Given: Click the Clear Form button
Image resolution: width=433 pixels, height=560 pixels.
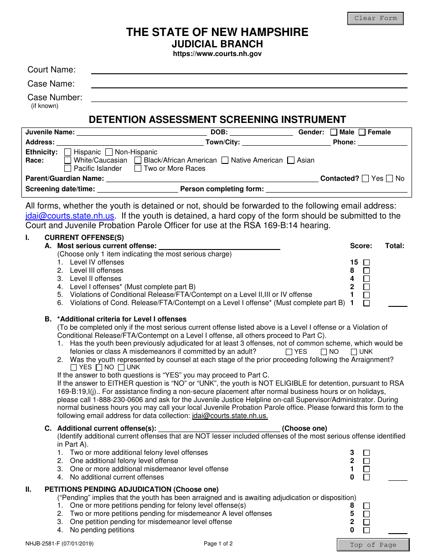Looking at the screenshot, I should click(376, 19).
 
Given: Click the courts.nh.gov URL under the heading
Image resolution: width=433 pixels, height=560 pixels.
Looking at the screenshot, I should click(217, 54).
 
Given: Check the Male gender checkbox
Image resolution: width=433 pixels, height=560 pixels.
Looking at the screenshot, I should click(334, 132).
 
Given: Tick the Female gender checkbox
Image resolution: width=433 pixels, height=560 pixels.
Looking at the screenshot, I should click(362, 132).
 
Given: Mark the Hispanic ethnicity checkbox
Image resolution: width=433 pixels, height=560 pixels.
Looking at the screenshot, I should click(68, 152).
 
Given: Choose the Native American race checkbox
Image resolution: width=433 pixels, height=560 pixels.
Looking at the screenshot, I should click(225, 160).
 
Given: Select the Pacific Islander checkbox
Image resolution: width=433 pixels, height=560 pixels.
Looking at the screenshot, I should click(68, 168).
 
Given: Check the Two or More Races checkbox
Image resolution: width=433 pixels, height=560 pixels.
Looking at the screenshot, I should click(138, 168).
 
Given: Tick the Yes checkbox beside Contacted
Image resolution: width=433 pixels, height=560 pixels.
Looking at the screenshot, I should click(365, 179).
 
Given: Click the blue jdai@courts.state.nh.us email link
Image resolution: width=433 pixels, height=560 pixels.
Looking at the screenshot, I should click(70, 216).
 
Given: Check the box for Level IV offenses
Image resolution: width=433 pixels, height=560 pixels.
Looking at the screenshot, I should click(366, 263).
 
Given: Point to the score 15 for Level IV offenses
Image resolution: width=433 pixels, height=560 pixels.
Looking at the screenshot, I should click(354, 262).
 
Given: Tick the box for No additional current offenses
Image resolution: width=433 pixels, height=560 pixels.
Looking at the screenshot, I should click(366, 478).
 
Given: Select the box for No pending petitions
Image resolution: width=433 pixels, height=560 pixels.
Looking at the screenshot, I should click(366, 530).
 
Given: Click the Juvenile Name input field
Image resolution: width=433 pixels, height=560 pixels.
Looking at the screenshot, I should click(141, 132).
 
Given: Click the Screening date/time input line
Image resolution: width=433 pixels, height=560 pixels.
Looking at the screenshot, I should click(137, 189).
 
